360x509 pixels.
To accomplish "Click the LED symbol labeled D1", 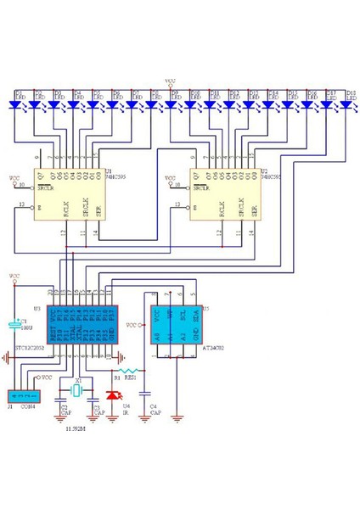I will (x=16, y=104).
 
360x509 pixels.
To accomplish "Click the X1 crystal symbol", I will (x=78, y=392).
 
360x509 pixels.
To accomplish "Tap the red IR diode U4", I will (x=114, y=395).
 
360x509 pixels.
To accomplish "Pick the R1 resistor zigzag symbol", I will (x=129, y=371).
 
